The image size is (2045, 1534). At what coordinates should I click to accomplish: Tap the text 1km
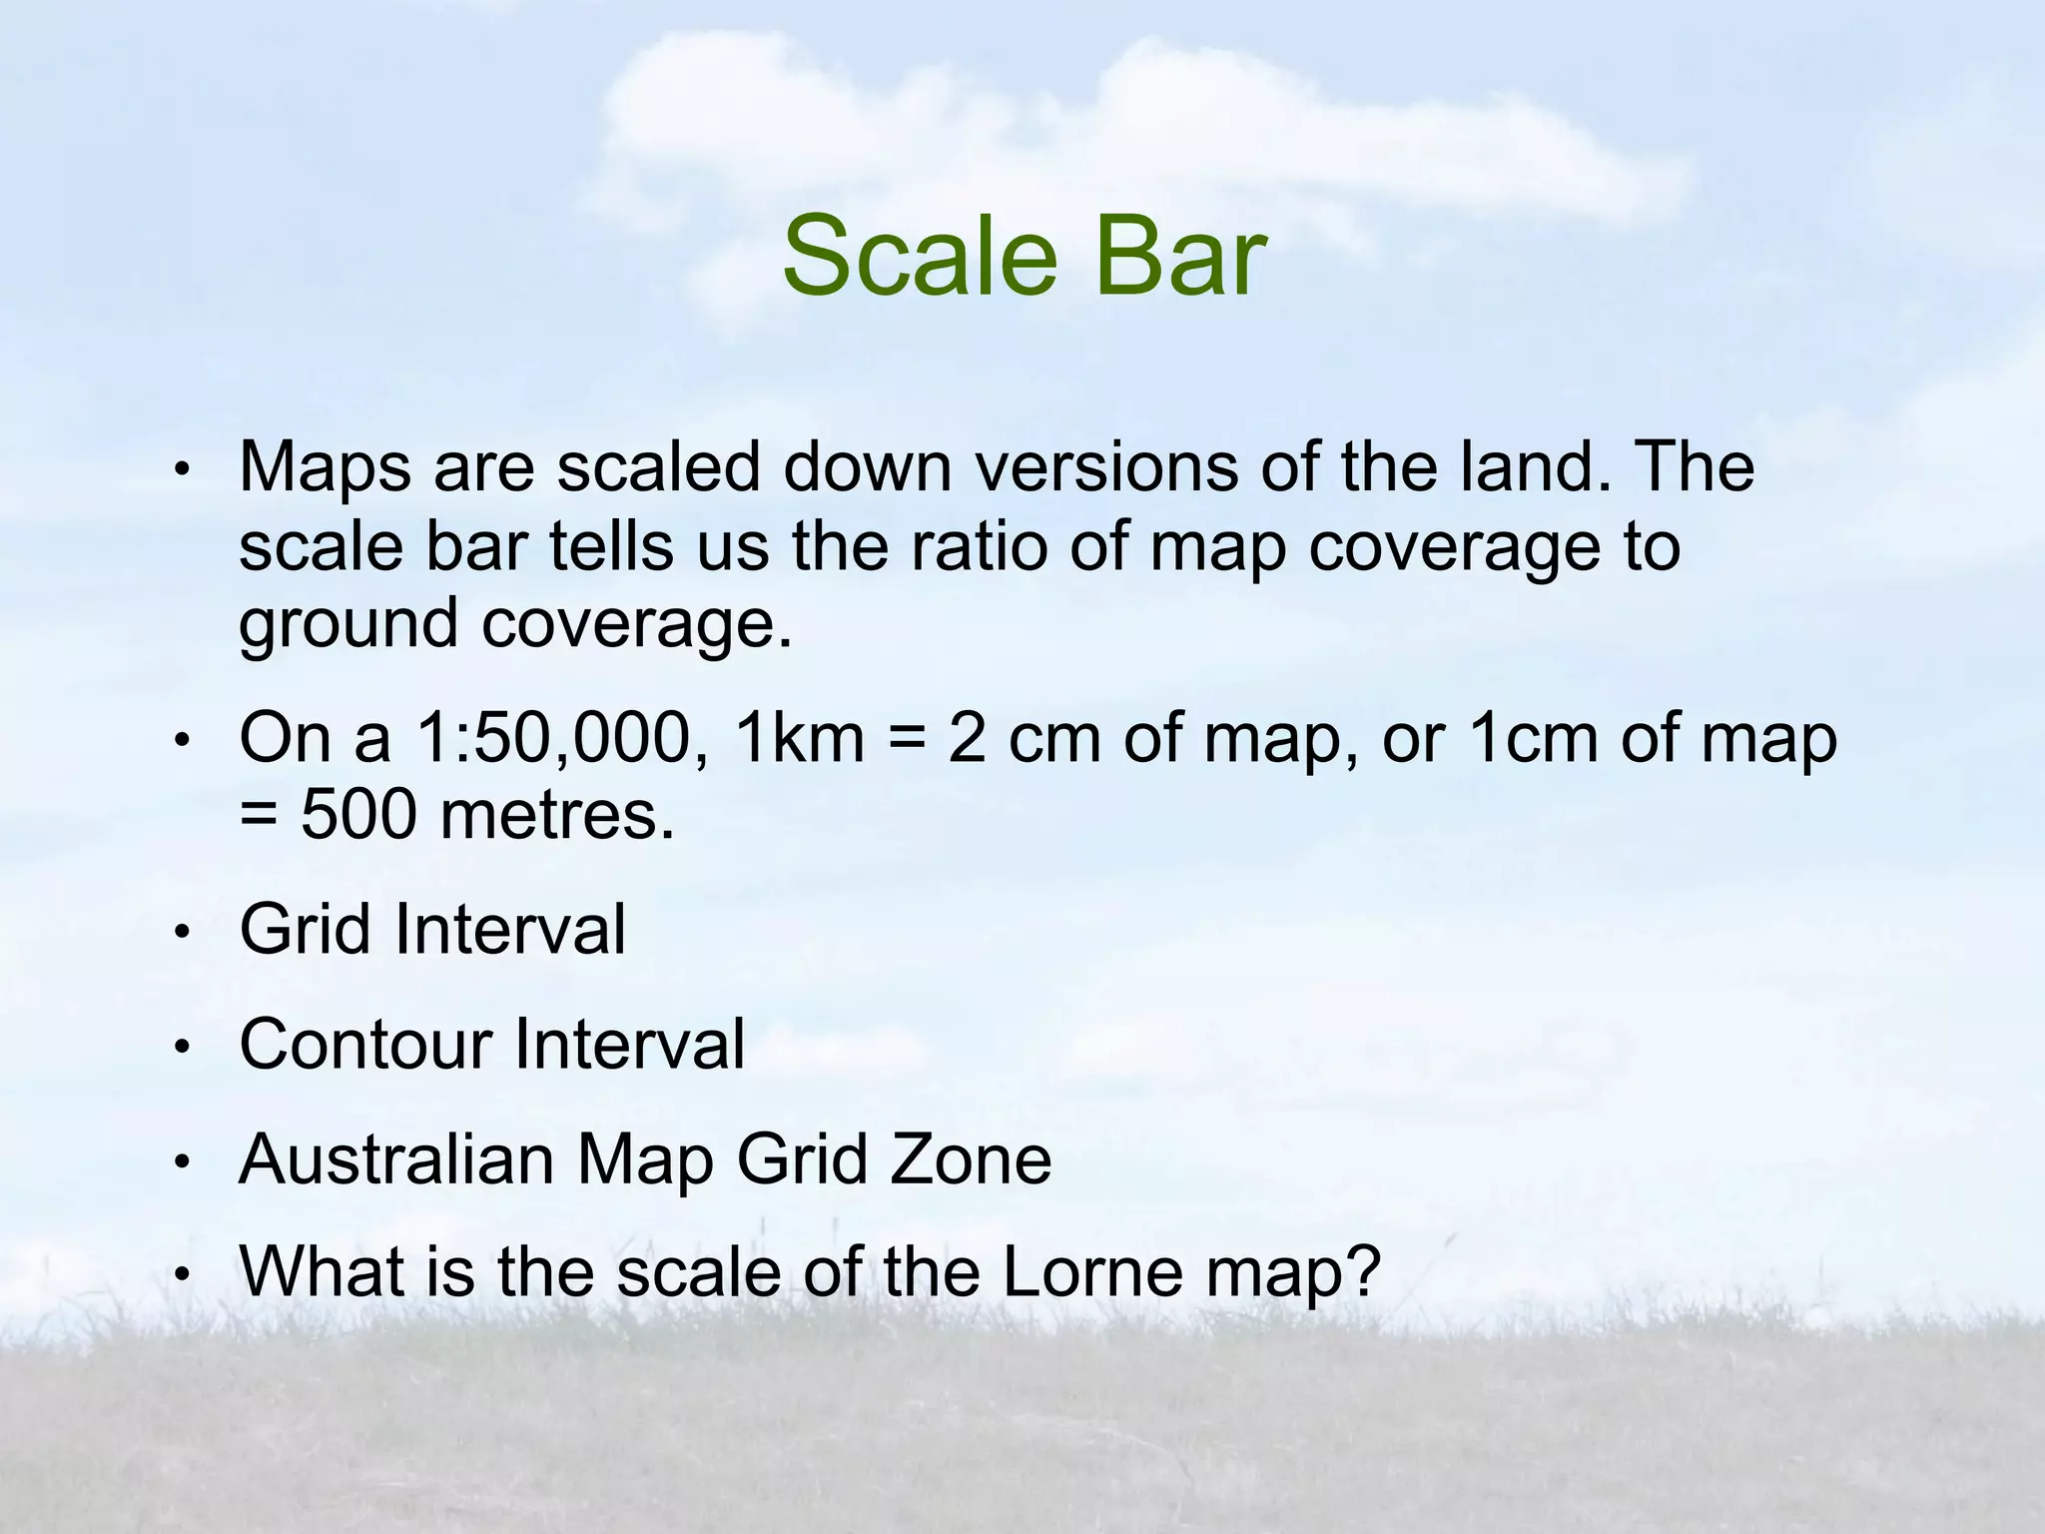tap(799, 739)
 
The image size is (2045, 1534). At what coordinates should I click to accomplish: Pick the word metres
tap(557, 816)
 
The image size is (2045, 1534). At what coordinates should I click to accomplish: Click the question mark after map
tap(1362, 1273)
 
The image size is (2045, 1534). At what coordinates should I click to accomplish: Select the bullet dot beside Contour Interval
tap(181, 1048)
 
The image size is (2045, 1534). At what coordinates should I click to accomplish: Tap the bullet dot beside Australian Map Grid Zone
tap(181, 1162)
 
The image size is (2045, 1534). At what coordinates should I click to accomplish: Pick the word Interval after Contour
tap(630, 1045)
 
